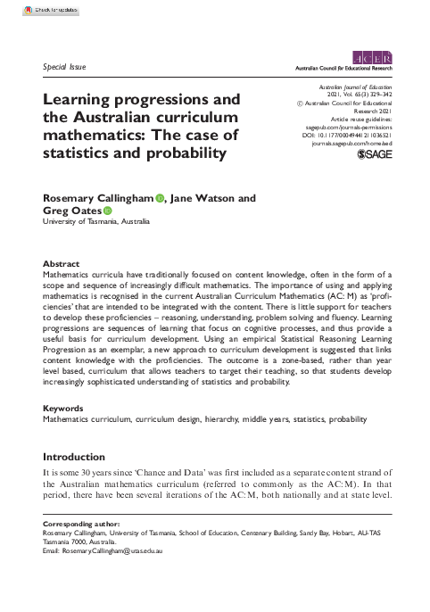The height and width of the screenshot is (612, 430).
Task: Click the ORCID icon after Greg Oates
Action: click(107, 211)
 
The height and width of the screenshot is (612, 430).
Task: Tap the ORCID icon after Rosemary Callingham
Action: click(160, 198)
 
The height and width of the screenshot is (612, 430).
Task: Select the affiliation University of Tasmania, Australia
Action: click(96, 223)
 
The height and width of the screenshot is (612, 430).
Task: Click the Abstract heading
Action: click(61, 264)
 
